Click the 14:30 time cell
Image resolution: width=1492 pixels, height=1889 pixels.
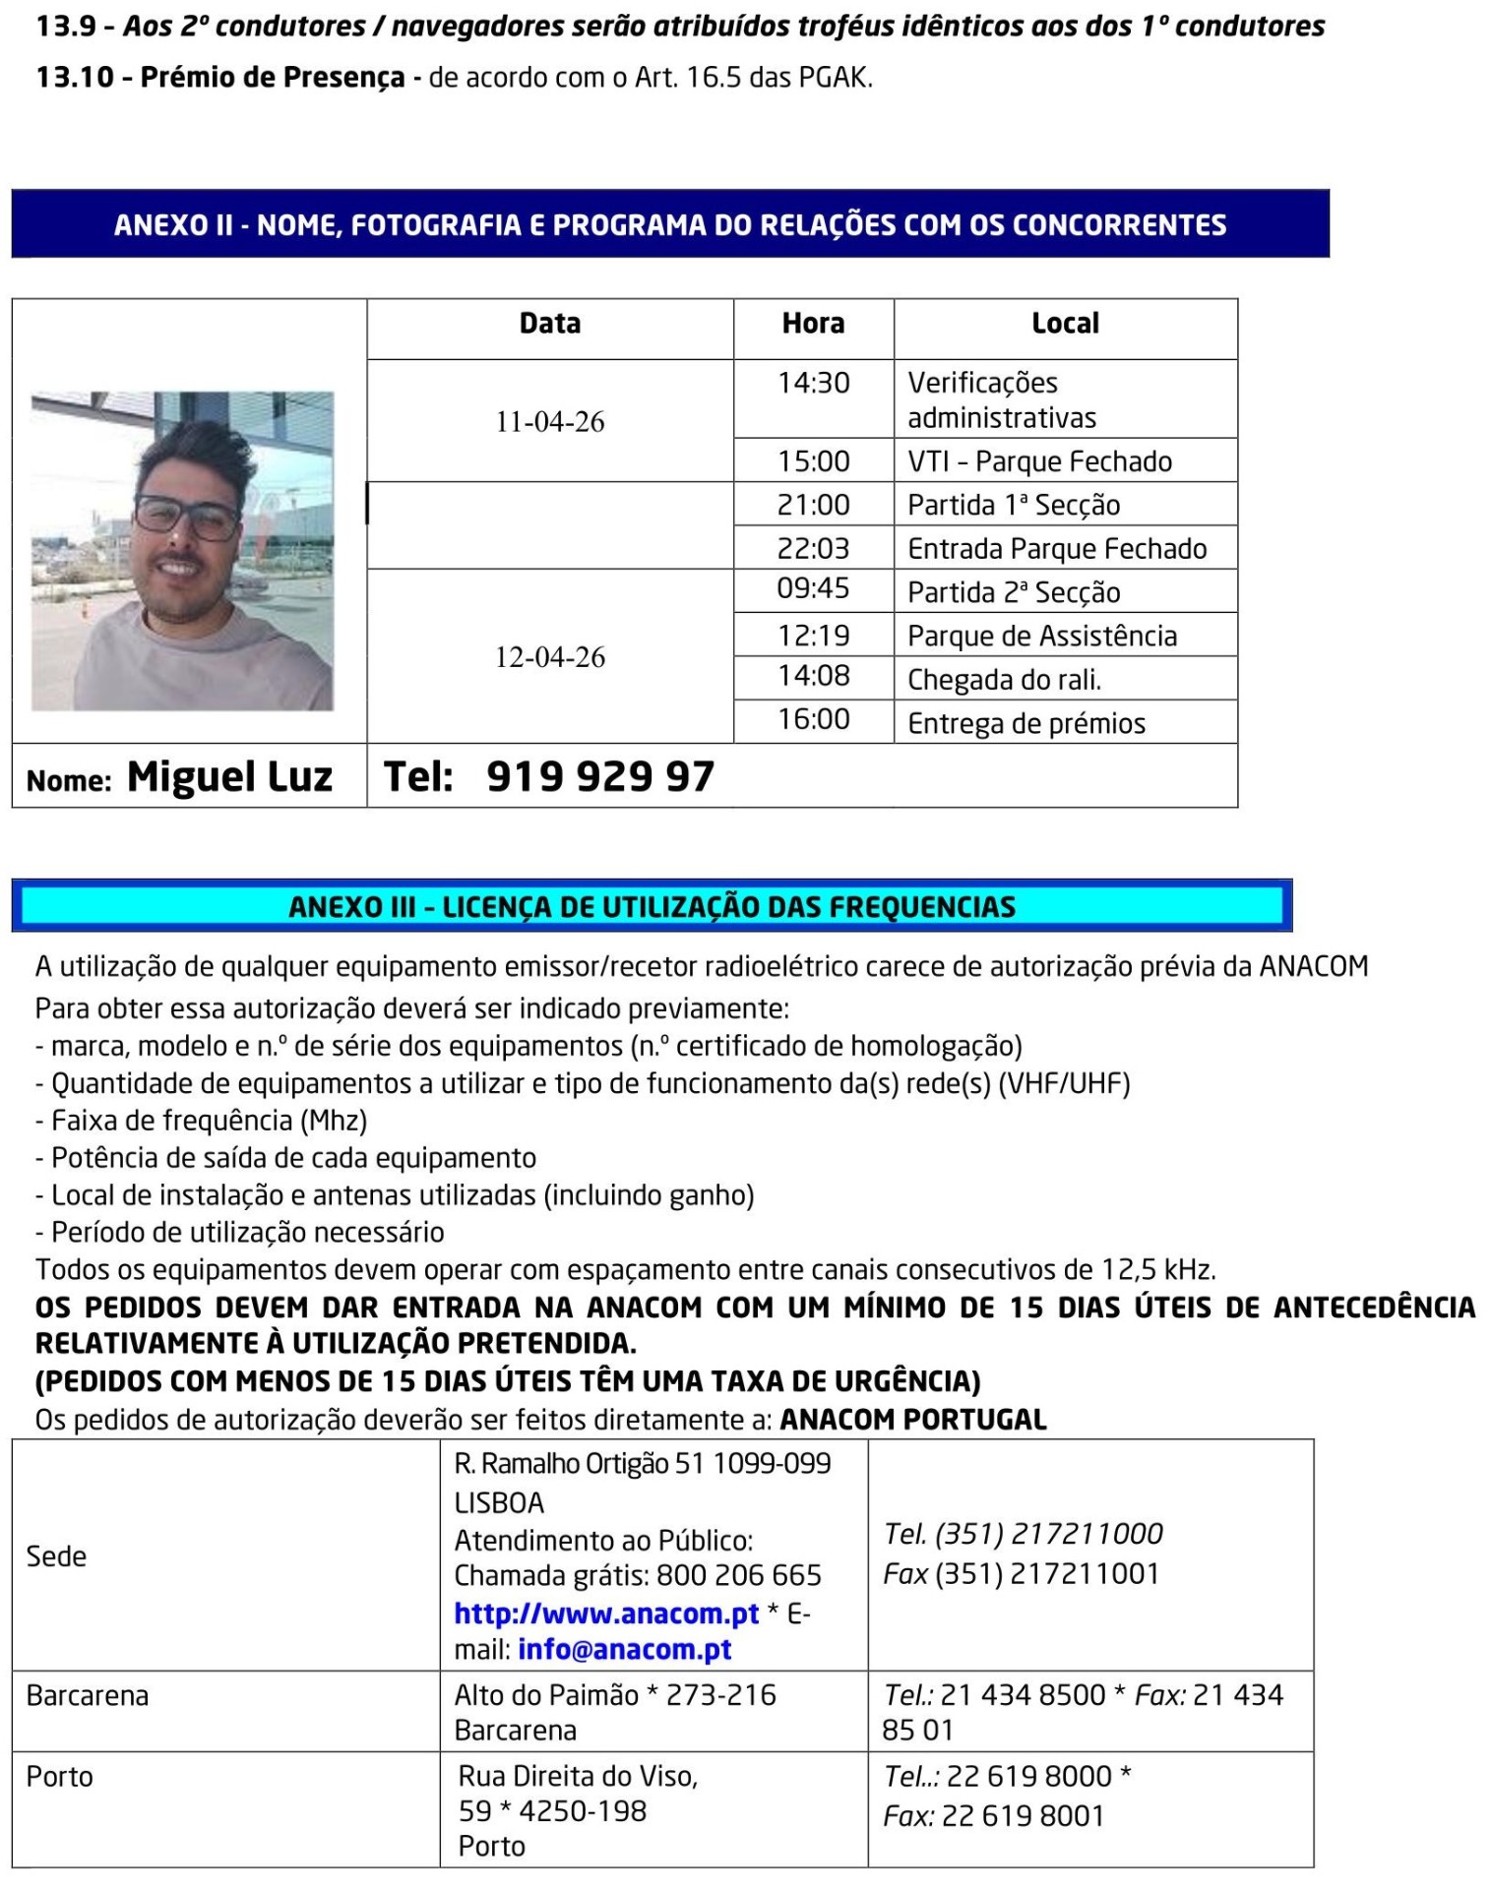pos(813,383)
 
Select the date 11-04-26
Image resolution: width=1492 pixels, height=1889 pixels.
pos(549,422)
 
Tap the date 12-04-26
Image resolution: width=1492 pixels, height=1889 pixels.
pos(549,657)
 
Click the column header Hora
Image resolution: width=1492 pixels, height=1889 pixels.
pos(813,324)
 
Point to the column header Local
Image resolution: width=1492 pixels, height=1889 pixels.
pos(1065,324)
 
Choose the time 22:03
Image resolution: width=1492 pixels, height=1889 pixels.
pos(813,548)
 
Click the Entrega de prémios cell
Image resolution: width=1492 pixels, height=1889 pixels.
pos(1026,724)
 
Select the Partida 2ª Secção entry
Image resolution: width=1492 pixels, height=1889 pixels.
pos(1014,592)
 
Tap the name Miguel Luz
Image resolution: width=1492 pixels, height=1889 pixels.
pos(229,777)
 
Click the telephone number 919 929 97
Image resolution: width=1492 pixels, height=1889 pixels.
pos(599,777)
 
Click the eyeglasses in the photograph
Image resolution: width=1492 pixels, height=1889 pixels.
pos(187,516)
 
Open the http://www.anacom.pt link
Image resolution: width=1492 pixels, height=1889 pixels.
pos(606,1614)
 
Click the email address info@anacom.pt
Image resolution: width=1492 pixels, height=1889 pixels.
pos(624,1650)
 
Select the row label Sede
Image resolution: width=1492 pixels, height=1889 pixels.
pos(56,1556)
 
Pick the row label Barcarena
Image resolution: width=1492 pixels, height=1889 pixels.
pos(88,1696)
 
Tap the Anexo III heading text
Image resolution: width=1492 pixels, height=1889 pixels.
pos(652,907)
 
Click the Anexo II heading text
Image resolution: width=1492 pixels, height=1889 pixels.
pos(670,225)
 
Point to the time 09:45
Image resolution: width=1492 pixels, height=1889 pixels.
pos(813,588)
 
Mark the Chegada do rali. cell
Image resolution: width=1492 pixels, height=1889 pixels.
pos(1004,680)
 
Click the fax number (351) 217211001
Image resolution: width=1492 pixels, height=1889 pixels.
pos(1046,1574)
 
